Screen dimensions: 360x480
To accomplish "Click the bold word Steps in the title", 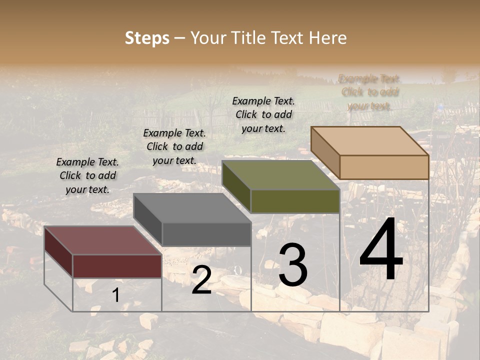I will [x=147, y=38].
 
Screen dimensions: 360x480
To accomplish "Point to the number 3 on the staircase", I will [x=293, y=266].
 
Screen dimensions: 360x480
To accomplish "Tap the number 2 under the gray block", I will [x=201, y=280].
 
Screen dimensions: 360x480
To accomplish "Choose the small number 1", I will [x=115, y=295].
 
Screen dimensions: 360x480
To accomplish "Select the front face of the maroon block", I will [x=117, y=266].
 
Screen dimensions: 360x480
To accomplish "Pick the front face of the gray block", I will [x=206, y=234].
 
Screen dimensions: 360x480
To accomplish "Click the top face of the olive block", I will [x=280, y=175].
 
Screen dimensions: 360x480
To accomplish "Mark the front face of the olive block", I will [x=295, y=201].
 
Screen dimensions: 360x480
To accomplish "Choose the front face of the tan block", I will [x=384, y=167].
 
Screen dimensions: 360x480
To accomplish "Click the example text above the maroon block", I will [x=87, y=175].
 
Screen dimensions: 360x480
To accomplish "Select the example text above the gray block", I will [x=174, y=146].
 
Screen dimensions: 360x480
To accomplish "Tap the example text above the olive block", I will [x=263, y=114].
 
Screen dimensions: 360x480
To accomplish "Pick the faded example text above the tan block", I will [x=369, y=92].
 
